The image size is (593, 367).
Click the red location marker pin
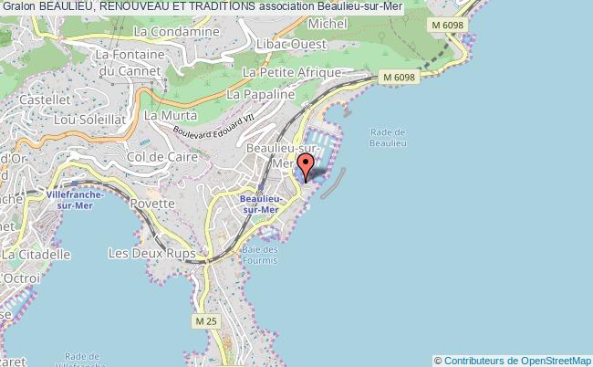coord(306,167)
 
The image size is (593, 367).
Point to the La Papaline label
coord(261,93)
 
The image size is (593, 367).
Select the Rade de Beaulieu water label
coord(389,137)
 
